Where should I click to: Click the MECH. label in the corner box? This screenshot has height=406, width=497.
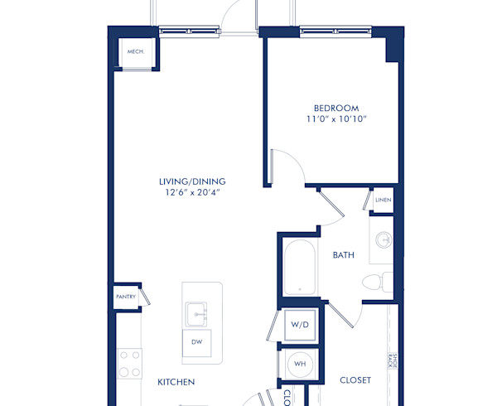click(134, 51)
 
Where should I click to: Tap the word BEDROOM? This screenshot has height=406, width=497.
click(336, 108)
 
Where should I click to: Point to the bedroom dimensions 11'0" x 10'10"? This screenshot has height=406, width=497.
click(336, 120)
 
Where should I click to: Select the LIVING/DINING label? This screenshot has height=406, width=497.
click(193, 181)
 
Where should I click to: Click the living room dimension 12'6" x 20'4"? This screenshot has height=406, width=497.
click(193, 193)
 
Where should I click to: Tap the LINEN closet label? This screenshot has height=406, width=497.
click(382, 201)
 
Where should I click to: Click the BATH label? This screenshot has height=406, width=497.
click(344, 255)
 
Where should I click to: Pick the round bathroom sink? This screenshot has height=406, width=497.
click(384, 240)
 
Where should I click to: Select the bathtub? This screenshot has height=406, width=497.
click(298, 268)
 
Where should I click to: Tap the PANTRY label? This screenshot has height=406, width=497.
click(125, 295)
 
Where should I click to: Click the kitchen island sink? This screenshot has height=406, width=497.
click(197, 314)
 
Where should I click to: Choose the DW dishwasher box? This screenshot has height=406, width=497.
click(197, 341)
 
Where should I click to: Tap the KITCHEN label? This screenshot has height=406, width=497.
click(176, 382)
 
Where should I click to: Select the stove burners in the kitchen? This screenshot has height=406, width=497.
click(130, 362)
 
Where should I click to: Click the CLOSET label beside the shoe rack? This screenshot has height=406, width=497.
click(355, 380)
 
